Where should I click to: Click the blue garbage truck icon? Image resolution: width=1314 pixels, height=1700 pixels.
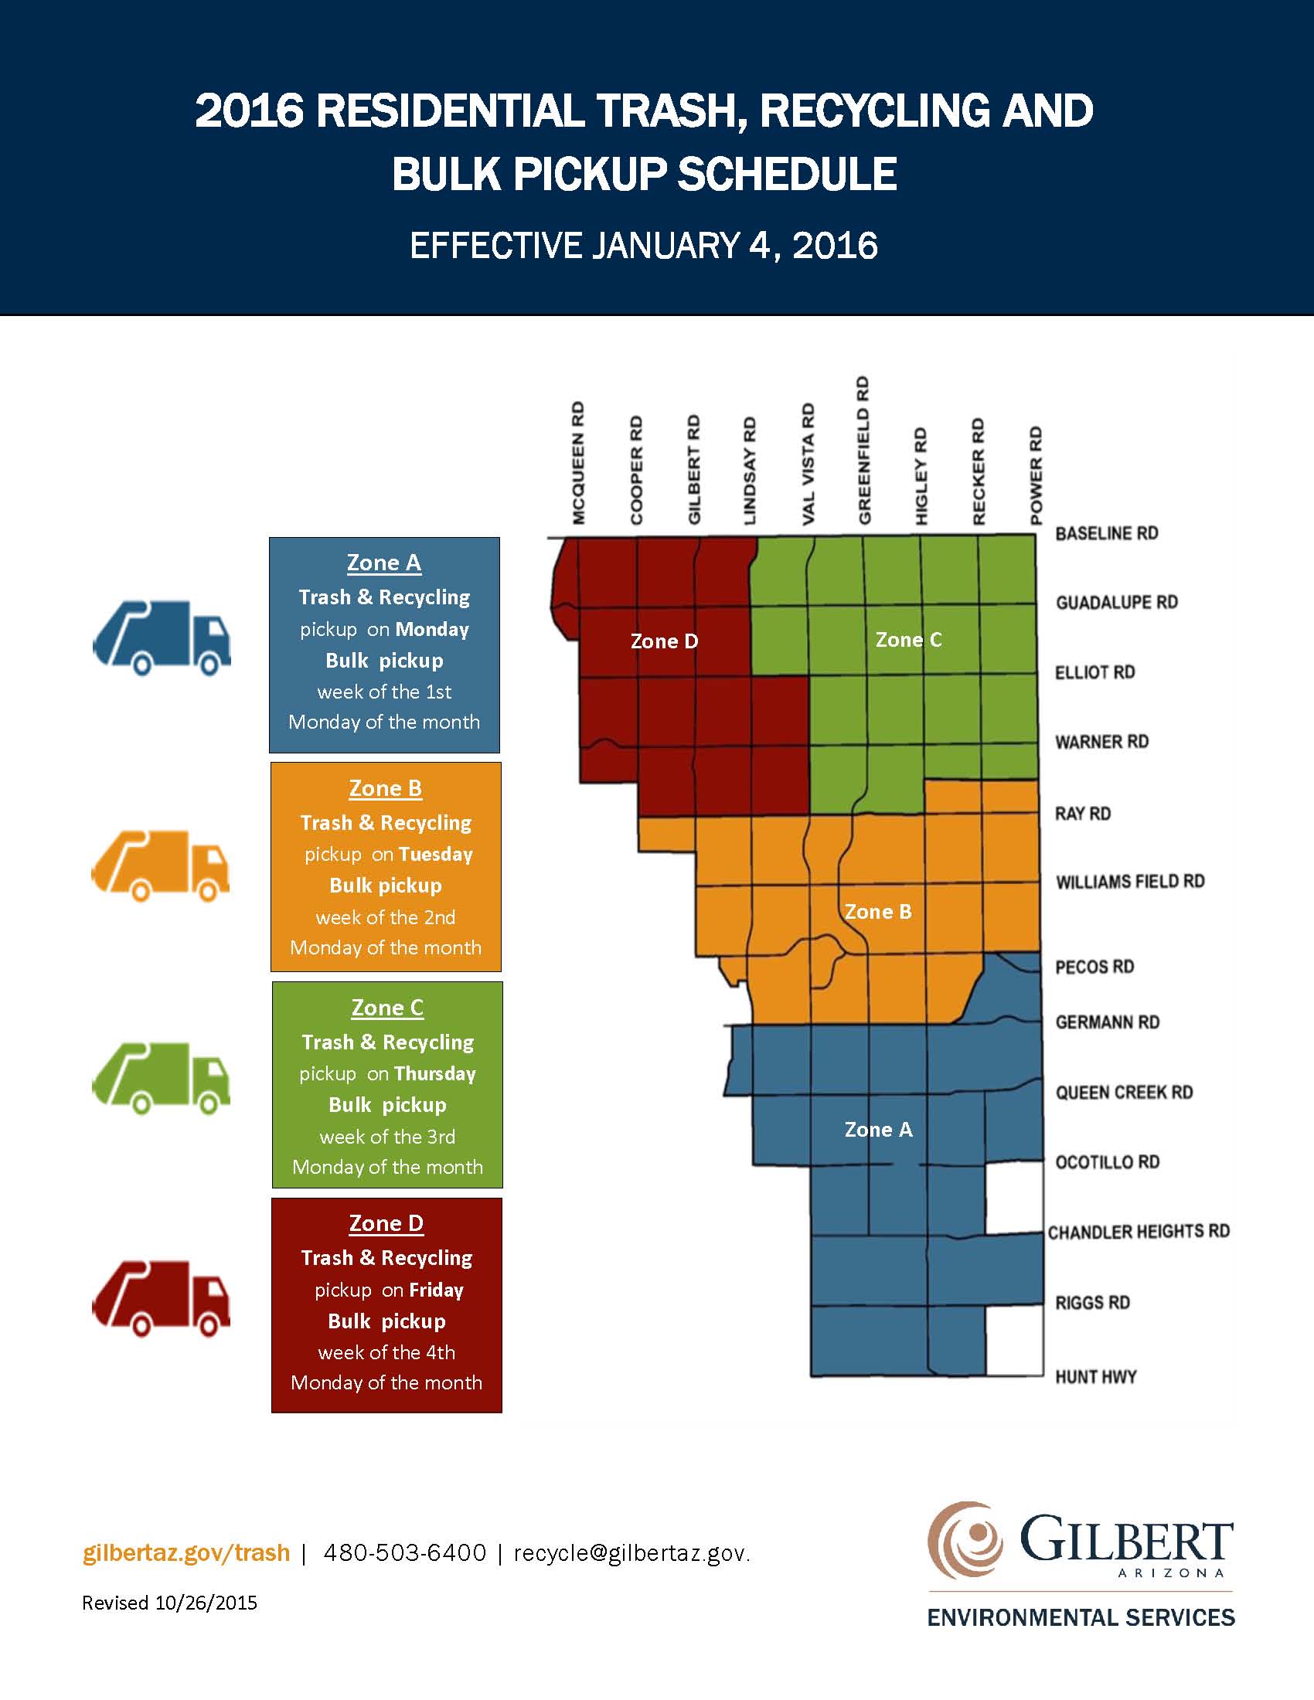pos(161,637)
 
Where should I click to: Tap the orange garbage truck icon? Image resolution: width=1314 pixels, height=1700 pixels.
pos(161,865)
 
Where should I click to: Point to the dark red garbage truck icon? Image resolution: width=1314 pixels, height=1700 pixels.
pos(161,1297)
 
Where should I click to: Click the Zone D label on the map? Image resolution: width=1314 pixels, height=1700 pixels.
pos(664,641)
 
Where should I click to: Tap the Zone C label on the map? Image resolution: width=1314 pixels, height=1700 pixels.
pos(907,640)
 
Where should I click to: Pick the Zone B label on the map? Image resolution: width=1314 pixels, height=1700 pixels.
pos(878,912)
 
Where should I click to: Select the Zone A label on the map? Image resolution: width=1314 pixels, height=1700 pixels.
pos(878,1130)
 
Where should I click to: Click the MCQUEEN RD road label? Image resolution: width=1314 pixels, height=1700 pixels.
pos(577,463)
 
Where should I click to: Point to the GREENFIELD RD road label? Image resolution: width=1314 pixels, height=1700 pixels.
pos(863,450)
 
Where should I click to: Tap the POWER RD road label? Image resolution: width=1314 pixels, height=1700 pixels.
pos(1035,474)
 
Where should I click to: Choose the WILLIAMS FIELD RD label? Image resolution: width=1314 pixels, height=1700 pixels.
pos(1129,882)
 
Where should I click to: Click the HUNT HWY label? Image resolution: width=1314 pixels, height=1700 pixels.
pos(1095,1377)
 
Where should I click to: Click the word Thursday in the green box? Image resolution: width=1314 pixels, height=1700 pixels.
pos(434,1074)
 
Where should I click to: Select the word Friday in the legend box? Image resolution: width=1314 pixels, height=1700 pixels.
pos(436,1290)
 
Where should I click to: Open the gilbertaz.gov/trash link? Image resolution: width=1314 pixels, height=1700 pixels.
pos(186,1553)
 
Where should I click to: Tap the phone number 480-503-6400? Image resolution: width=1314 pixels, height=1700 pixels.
pos(404,1553)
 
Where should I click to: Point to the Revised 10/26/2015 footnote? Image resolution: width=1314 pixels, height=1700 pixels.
pos(170,1603)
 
